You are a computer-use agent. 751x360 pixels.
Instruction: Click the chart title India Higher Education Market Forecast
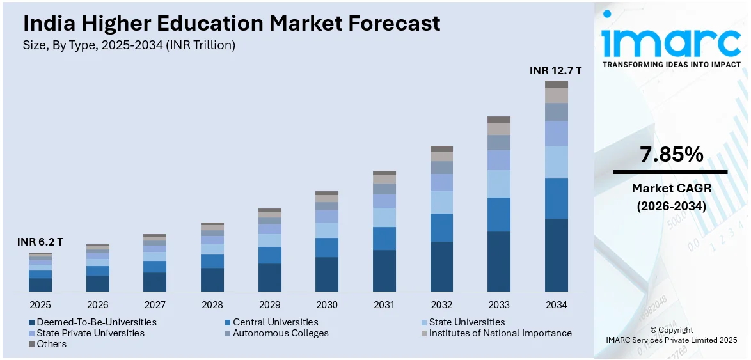[x=232, y=24]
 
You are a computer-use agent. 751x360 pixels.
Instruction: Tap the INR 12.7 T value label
[x=555, y=70]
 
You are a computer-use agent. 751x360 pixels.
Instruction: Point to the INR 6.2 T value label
[x=40, y=242]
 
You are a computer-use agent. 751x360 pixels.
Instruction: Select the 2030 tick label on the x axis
[x=327, y=305]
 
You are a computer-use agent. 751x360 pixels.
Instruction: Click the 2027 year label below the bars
[x=155, y=305]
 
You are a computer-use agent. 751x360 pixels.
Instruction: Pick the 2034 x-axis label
[x=557, y=305]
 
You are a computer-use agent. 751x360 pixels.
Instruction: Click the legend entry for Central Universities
[x=275, y=322]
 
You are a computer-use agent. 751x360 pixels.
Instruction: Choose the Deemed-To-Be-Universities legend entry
[x=96, y=322]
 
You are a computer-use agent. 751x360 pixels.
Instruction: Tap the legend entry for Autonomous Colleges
[x=280, y=333]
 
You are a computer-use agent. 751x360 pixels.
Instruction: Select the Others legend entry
[x=51, y=344]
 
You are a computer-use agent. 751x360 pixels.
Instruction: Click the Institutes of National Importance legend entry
[x=500, y=333]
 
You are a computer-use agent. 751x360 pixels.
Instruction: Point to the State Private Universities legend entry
[x=90, y=333]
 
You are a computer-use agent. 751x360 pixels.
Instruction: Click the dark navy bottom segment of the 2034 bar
[x=557, y=255]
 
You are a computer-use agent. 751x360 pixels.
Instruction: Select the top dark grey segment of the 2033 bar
[x=499, y=120]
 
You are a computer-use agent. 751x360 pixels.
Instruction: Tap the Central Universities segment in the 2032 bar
[x=441, y=228]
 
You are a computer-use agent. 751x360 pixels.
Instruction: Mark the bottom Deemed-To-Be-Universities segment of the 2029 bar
[x=269, y=278]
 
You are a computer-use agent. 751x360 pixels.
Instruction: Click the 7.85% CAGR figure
[x=670, y=155]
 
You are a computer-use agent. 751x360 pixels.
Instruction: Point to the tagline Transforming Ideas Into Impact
[x=672, y=65]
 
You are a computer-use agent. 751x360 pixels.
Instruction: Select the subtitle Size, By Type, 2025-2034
[x=129, y=45]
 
